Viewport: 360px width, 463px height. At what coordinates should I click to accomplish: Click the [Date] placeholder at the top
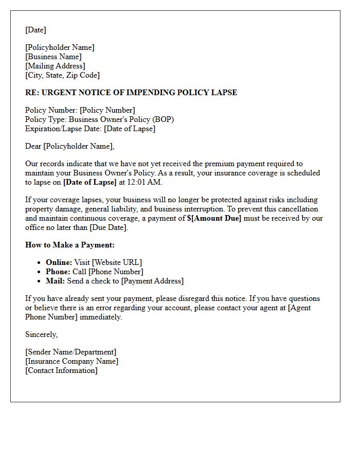pyautogui.click(x=35, y=30)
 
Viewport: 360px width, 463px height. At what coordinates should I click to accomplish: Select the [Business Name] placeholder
pyautogui.click(x=53, y=57)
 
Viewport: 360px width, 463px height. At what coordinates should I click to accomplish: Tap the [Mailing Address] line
pyautogui.click(x=55, y=66)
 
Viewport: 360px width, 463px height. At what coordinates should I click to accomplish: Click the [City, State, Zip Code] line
pyautogui.click(x=62, y=75)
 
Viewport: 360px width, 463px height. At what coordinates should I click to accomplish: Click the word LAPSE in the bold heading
pyautogui.click(x=224, y=93)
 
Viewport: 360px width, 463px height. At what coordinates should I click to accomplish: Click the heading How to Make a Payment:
pyautogui.click(x=70, y=245)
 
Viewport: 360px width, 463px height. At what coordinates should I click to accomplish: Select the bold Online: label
pyautogui.click(x=59, y=262)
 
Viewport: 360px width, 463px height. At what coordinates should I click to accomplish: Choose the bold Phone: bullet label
pyautogui.click(x=58, y=272)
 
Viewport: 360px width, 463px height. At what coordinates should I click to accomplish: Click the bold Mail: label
pyautogui.click(x=56, y=281)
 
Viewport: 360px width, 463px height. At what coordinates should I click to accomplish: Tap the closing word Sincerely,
pyautogui.click(x=42, y=334)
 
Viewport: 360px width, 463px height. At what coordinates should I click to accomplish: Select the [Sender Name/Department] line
pyautogui.click(x=71, y=352)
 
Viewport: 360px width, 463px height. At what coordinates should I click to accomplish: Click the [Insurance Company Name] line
pyautogui.click(x=71, y=361)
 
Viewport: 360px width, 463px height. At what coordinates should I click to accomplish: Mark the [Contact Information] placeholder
pyautogui.click(x=61, y=370)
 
